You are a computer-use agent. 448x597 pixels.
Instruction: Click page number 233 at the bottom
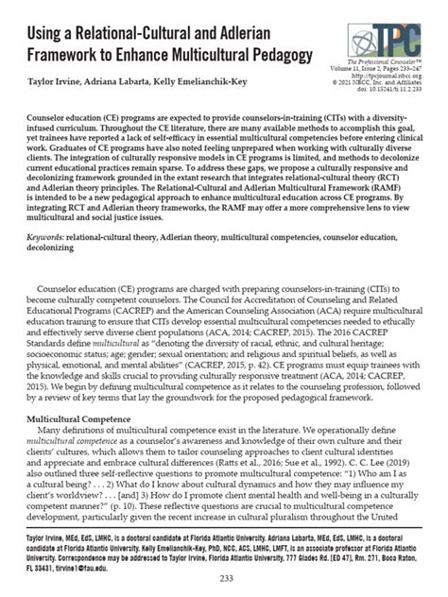[x=224, y=579]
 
